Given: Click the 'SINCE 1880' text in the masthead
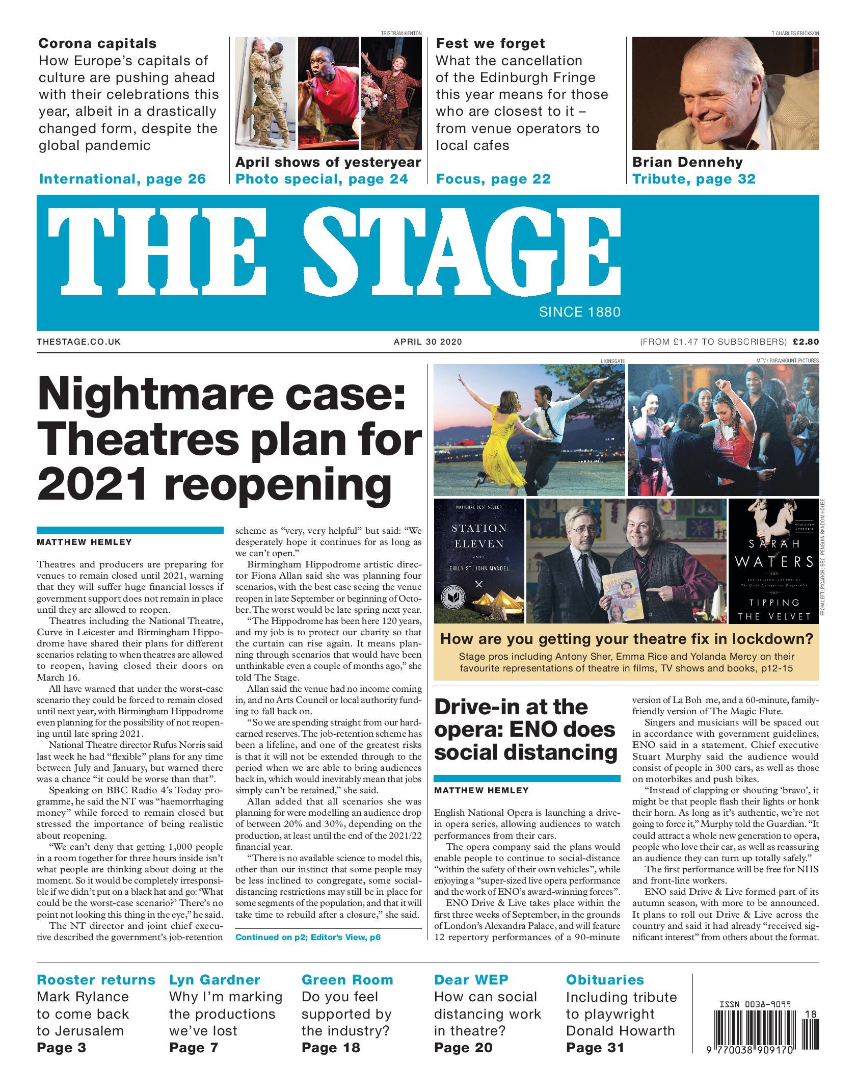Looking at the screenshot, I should point(579,312).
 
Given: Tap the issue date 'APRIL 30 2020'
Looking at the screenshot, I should point(428,342).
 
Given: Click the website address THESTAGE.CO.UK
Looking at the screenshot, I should point(79,342).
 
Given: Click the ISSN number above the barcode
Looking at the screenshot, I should point(755,1005).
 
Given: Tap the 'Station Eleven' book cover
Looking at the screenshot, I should point(478,561).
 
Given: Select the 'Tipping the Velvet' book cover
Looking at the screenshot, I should point(773,561).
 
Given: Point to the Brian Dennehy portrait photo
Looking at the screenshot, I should point(725,93).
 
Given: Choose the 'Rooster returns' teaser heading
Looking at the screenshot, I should point(96,980).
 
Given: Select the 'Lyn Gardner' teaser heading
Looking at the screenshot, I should point(215,980).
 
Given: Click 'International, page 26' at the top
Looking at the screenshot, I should point(122,179).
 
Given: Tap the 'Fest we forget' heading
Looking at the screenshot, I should point(490,43).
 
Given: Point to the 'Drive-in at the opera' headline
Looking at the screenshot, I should point(525,730).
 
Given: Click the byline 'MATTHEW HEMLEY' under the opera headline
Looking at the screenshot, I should point(481,791).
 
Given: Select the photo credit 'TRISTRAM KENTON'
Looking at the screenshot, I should point(401,33).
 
